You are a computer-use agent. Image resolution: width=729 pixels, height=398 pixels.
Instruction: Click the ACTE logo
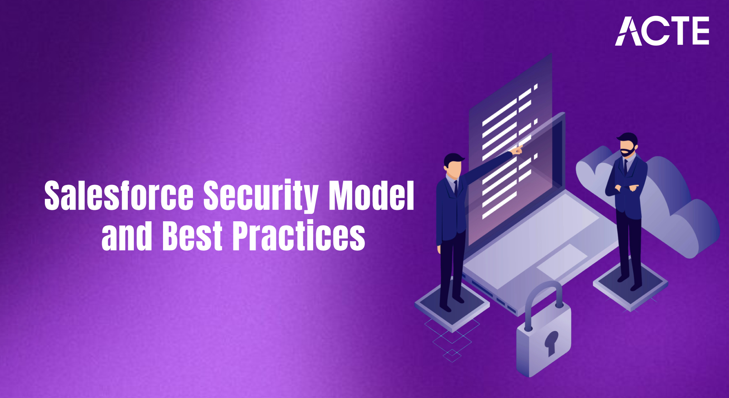coord(662,31)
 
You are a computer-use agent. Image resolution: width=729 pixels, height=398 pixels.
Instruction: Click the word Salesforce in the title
coord(119,195)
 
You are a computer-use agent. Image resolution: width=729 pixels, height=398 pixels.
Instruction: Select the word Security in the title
coord(261,195)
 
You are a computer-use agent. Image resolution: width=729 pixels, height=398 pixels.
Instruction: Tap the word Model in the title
coord(371,195)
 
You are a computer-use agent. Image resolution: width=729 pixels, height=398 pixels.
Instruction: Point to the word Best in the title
coord(192,236)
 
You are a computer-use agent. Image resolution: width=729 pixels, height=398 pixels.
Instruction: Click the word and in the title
coord(127,236)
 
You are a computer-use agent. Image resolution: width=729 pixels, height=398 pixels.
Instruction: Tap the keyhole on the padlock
coord(551,342)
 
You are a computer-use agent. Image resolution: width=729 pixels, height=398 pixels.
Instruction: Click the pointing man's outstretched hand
coord(517,150)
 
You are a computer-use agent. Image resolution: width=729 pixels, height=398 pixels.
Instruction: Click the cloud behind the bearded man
coord(680,214)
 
